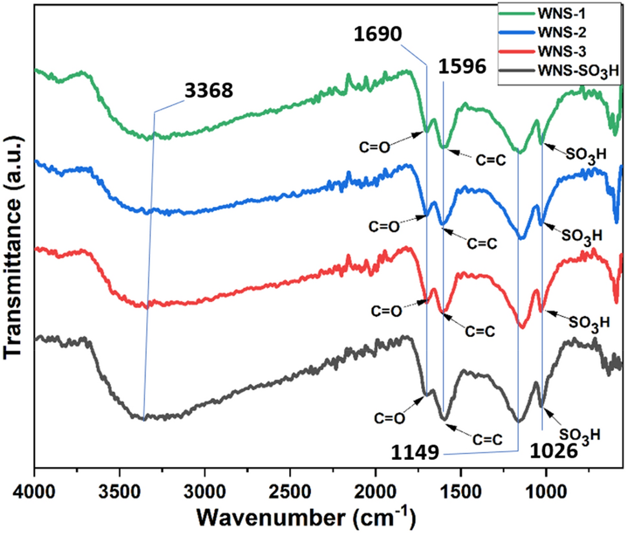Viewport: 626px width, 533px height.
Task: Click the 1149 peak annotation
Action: pyautogui.click(x=415, y=452)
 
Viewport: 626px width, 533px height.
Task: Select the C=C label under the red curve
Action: pyautogui.click(x=480, y=331)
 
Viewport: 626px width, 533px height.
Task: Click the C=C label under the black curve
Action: pyautogui.click(x=487, y=440)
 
